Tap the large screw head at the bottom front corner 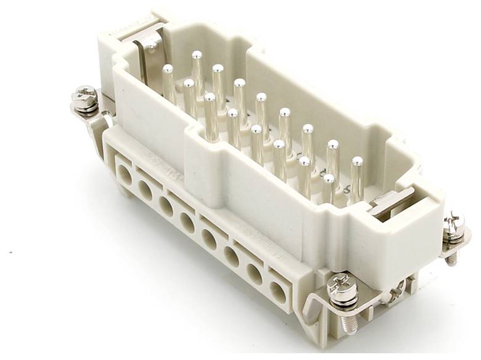click(343, 285)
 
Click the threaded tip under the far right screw click(453, 258)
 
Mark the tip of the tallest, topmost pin click(197, 55)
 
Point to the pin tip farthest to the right click(356, 162)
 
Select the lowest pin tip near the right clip click(329, 179)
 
